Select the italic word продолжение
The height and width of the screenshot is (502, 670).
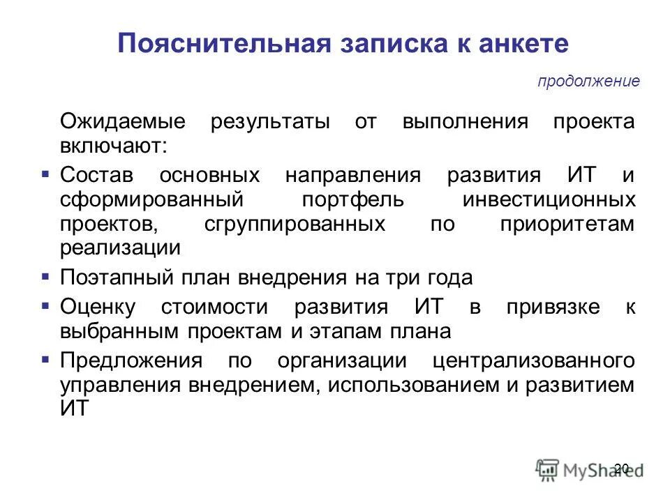(x=588, y=82)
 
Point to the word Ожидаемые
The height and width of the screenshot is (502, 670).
(x=123, y=121)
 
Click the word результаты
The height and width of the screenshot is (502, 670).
(x=271, y=121)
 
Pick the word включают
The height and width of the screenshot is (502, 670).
(x=114, y=146)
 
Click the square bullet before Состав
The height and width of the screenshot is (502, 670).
(x=45, y=172)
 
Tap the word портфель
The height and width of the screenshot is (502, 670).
(x=353, y=199)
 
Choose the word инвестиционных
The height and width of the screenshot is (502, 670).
(x=549, y=199)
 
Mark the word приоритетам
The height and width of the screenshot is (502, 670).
(x=567, y=224)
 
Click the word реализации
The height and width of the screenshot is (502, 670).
(x=120, y=248)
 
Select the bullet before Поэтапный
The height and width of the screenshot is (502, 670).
(x=45, y=276)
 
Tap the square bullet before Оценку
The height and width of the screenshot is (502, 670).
(x=45, y=305)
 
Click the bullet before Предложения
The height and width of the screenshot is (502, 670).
(x=45, y=360)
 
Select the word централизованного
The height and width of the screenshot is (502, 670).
(x=534, y=361)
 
